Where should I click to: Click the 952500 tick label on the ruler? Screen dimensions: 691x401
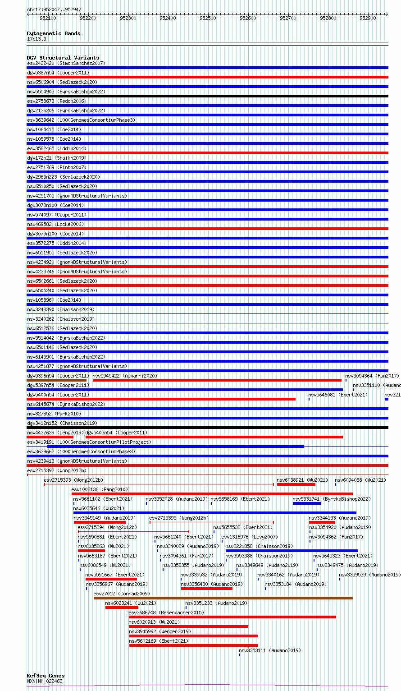point(208,18)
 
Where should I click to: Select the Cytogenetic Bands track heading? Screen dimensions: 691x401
point(53,33)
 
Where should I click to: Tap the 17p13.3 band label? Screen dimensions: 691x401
point(36,39)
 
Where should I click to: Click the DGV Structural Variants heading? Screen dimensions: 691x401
point(63,58)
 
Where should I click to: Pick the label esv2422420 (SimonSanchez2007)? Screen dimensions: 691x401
point(66,63)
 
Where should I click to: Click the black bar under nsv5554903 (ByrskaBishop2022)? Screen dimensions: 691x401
point(207,96)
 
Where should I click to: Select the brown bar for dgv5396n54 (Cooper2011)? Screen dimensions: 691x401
point(56,380)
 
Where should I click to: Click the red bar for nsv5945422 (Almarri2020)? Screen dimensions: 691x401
point(217,380)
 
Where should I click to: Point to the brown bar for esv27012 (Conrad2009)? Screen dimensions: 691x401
point(223,598)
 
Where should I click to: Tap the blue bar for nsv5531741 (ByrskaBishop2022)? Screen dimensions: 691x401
point(307,503)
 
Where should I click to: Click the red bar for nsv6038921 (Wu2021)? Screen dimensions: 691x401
point(296,484)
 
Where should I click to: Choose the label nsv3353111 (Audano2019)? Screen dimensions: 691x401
point(270,650)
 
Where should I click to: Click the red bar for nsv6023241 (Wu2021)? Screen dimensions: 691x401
point(122,608)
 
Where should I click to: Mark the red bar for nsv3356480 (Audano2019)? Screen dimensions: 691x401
point(206,589)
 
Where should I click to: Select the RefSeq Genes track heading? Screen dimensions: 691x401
point(46,676)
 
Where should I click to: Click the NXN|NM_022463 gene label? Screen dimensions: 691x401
point(45,681)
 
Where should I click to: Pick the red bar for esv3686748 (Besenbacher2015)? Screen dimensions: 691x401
point(232,617)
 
